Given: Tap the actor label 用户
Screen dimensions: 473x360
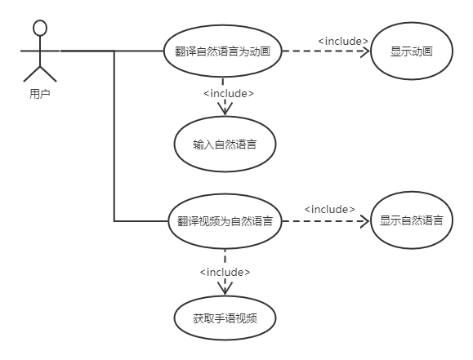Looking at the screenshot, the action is pos(39,94).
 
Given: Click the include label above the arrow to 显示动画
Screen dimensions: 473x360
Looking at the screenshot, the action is pos(343,41).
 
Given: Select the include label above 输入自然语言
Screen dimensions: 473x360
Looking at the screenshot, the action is pos(229,93).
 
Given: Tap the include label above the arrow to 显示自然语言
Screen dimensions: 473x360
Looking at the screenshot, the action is pos(330,209).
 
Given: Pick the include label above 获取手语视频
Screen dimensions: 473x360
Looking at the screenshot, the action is pos(225,273).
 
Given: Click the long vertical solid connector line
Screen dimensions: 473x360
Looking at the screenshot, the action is pos(114,136).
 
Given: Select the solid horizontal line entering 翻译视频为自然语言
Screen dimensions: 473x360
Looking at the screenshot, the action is pos(141,221).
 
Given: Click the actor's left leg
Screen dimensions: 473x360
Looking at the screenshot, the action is pos(32,74).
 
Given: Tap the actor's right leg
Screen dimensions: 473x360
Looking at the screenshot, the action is pos(48,74).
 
